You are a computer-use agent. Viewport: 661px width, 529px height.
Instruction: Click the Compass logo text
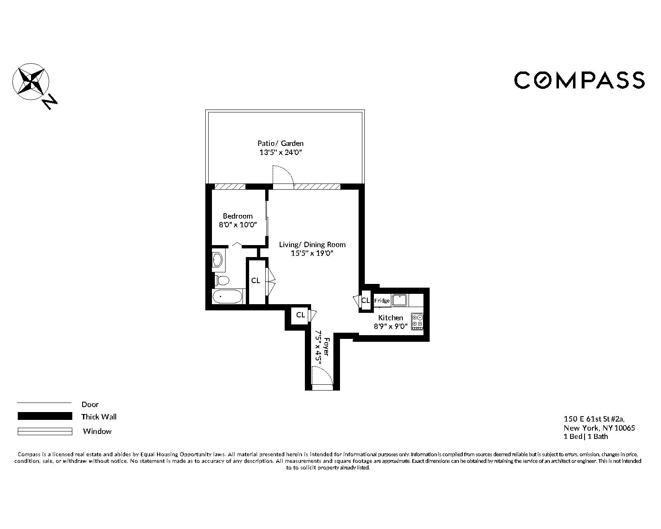coord(579,80)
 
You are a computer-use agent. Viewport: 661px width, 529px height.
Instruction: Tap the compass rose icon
coord(31,81)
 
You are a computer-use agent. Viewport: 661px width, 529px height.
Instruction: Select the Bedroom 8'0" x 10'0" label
coord(238,221)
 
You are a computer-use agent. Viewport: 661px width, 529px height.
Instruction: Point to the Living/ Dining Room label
coord(312,249)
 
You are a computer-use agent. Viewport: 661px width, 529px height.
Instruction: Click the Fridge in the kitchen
coord(382,301)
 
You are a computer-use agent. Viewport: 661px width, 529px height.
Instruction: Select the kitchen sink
coord(399,300)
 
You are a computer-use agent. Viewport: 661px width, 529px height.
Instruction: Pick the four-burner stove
coord(417,321)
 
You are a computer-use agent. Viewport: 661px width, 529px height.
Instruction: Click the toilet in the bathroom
coord(222,281)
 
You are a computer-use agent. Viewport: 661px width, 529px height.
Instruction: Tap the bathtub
coord(227,296)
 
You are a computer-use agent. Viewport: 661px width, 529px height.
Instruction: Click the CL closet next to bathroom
coord(256,281)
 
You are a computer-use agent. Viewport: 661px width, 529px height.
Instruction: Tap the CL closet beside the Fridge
coord(365,300)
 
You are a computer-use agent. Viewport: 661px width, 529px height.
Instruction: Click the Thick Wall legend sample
coord(44,416)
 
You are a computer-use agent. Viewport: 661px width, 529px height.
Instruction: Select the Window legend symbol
coord(44,431)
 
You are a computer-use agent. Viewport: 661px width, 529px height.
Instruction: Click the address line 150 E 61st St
coord(594,419)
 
